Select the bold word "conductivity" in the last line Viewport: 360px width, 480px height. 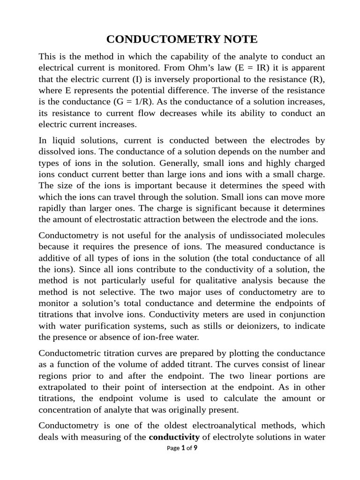coord(174,437)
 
